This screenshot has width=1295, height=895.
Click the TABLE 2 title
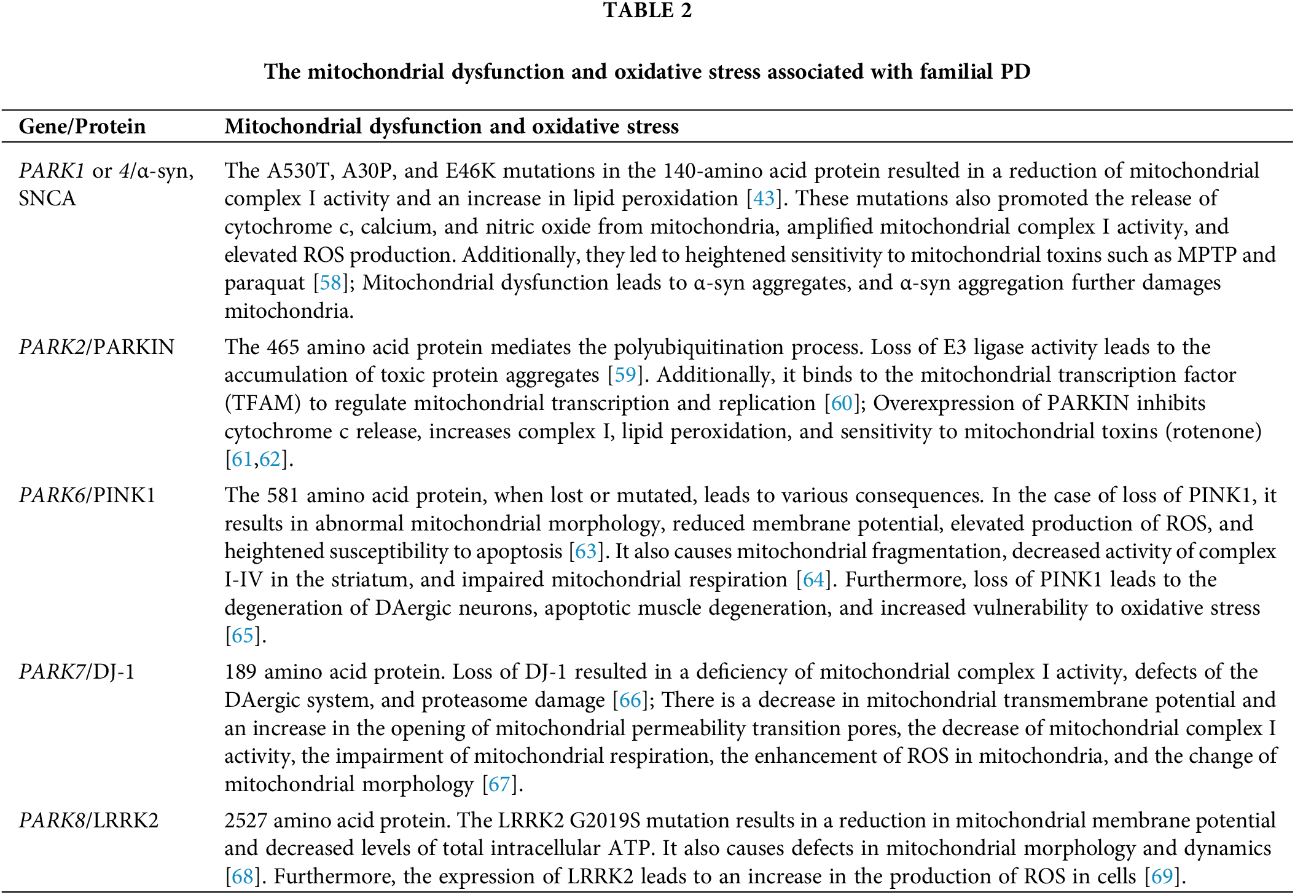point(647,10)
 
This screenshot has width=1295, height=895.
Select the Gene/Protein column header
point(82,127)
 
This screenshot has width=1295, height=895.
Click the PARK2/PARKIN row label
point(96,347)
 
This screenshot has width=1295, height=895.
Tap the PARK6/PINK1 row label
point(87,495)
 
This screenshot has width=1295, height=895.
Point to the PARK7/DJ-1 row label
point(77,672)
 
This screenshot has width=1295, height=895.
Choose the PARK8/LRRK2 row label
point(88,821)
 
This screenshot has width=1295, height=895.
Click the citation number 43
point(764,199)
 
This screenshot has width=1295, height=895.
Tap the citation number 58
point(330,283)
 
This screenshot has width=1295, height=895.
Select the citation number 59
point(625,375)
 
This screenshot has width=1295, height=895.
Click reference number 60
point(841,403)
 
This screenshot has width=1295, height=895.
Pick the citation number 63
point(585,551)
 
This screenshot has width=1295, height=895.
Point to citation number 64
point(813,580)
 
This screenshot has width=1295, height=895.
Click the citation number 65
point(242,636)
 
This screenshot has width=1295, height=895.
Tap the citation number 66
point(630,700)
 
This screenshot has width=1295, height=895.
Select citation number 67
point(499,784)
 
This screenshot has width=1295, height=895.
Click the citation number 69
point(1161,877)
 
